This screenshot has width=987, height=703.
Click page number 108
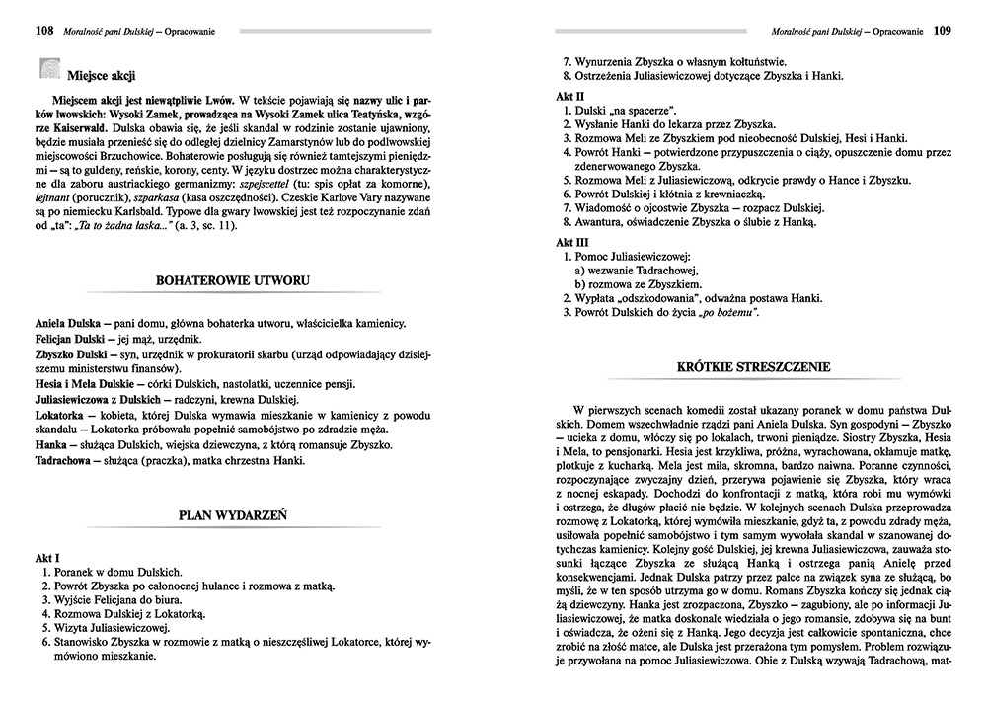coord(43,31)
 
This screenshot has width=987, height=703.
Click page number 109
coord(941,31)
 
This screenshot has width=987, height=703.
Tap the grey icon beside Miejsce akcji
coord(48,70)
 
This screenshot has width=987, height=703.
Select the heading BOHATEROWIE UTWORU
coord(233,280)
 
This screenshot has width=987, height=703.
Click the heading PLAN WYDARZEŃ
coord(233,513)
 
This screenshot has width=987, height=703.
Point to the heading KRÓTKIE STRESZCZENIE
coord(753,366)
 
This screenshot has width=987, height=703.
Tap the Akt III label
coord(567,240)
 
